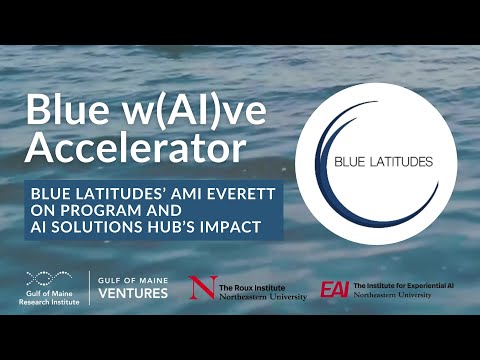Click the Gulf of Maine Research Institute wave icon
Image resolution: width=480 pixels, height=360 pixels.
48,277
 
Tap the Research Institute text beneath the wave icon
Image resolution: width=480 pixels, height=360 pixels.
48,299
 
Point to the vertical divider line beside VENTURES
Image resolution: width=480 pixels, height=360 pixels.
91,287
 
